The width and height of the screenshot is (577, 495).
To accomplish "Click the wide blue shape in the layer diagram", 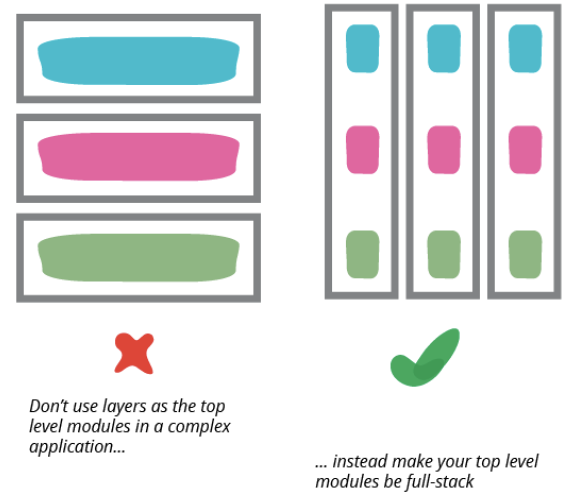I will point(138,61).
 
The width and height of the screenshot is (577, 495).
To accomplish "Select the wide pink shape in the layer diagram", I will point(138,157).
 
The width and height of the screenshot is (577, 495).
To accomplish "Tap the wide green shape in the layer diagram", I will point(138,257).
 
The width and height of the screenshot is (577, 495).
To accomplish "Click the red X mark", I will point(134,353).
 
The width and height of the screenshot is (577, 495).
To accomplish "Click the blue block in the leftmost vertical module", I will point(362,49).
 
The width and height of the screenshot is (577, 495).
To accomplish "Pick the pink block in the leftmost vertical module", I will point(362,150).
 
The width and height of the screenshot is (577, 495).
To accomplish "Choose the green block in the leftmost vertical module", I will point(362,254).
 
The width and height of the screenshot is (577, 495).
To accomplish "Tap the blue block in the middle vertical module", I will point(443,49).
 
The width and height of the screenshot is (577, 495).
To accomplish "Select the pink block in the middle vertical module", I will point(443,150).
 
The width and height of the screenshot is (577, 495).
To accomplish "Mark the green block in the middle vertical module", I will point(443,254).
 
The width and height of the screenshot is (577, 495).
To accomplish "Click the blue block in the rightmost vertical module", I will point(525,49).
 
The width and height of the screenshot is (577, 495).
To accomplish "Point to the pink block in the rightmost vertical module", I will point(525,150).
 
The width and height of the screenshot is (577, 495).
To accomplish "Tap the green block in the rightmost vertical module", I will point(525,254).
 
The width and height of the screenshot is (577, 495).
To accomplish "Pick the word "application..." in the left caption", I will point(77,447).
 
